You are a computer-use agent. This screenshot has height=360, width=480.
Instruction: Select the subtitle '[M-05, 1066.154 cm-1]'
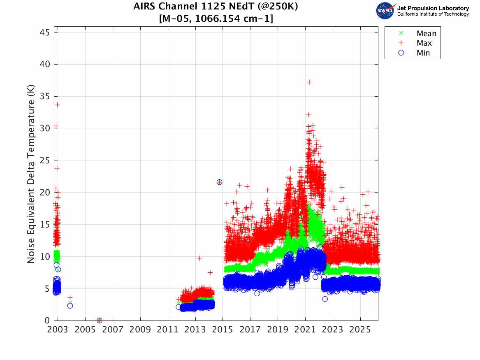(x=216, y=19)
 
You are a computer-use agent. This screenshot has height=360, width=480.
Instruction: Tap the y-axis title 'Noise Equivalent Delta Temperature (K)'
(x=31, y=174)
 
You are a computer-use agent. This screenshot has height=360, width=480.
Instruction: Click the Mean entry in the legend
(x=426, y=34)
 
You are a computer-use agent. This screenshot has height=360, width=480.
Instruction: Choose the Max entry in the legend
(x=424, y=43)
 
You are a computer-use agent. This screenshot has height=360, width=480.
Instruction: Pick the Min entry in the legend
(x=423, y=53)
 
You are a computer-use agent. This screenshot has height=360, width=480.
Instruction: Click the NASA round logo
(x=385, y=11)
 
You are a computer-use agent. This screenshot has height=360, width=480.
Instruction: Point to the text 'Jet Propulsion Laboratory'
(x=433, y=8)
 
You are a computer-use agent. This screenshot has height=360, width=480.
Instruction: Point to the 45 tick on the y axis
(x=46, y=32)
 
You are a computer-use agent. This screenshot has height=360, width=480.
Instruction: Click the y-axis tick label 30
(x=46, y=128)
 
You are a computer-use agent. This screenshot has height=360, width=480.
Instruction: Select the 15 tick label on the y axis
(x=46, y=224)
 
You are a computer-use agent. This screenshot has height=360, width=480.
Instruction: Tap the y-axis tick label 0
(x=48, y=321)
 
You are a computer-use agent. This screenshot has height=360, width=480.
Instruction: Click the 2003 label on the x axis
(x=58, y=330)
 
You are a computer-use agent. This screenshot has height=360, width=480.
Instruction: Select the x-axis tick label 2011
(x=168, y=330)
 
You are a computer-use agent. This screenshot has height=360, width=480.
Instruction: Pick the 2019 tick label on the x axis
(x=278, y=330)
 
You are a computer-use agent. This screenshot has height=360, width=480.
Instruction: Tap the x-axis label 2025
(x=360, y=330)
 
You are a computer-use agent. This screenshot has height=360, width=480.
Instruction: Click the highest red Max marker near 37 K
(x=309, y=82)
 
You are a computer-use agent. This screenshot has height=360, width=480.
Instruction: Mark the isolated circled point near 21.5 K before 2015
(x=219, y=182)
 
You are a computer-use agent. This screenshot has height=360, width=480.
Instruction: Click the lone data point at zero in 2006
(x=99, y=321)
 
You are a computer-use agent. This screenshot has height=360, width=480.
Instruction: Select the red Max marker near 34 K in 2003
(x=58, y=105)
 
